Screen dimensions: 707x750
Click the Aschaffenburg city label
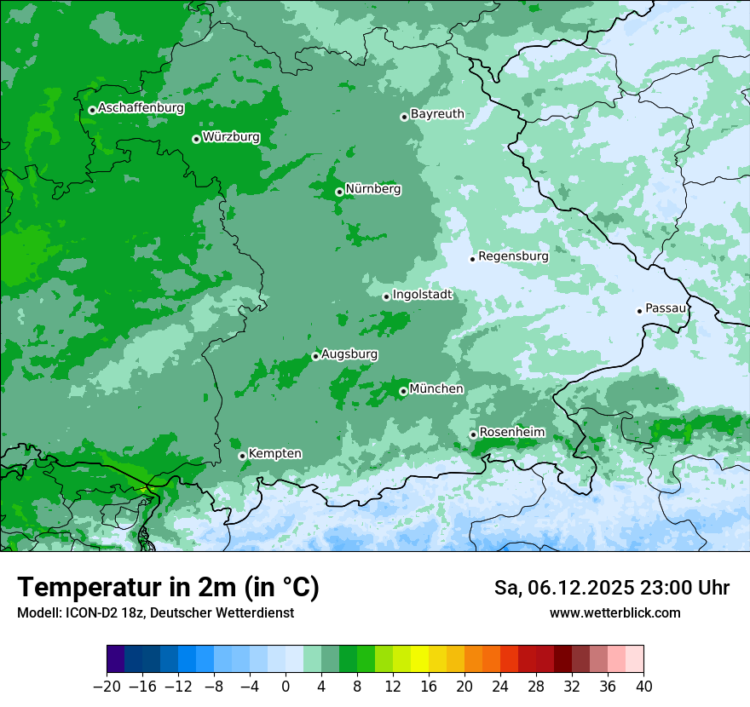(x=141, y=108)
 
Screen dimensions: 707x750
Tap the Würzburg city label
(x=231, y=137)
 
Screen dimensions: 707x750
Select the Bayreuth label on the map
(x=437, y=114)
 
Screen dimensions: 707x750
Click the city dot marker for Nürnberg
(x=339, y=192)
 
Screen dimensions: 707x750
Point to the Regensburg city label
(x=513, y=256)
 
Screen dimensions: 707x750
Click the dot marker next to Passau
(x=639, y=311)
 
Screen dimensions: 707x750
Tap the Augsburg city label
(x=349, y=354)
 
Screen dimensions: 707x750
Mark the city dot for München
(x=403, y=392)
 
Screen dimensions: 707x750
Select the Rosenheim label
(x=511, y=433)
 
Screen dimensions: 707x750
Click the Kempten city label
(x=274, y=454)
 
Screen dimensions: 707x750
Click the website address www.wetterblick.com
(x=614, y=613)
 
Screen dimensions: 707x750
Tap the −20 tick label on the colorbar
(x=107, y=687)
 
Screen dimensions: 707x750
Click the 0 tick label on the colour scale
(x=286, y=687)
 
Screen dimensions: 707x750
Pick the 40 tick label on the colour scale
(x=643, y=687)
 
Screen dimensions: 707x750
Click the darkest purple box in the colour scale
(x=116, y=659)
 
